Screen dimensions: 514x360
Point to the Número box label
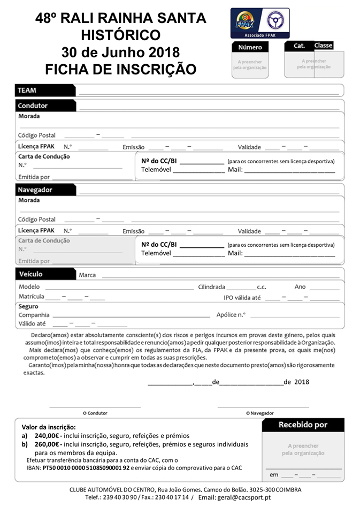249,48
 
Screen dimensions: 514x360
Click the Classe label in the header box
323,46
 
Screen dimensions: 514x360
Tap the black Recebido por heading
303,425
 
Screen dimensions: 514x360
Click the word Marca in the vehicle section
87,275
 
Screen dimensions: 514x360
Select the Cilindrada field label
212,286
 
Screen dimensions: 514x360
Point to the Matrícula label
31,296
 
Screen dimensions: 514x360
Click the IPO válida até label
242,297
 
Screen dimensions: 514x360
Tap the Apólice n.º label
231,315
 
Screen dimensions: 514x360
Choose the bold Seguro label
28,306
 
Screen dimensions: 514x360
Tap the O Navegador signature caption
260,413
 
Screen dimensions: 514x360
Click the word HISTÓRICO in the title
120,35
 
